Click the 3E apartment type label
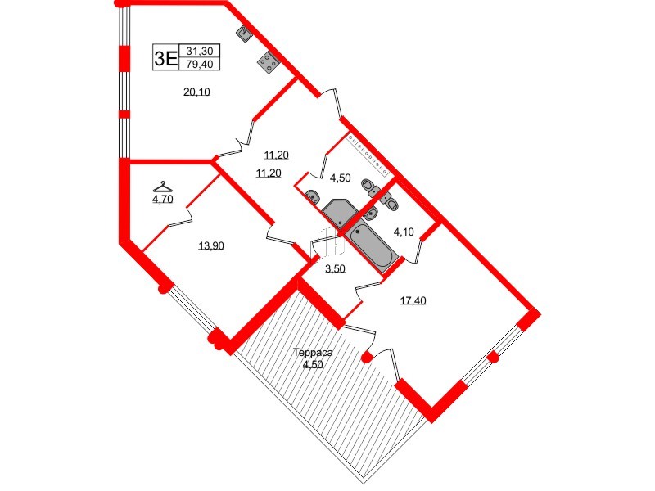pos(166,57)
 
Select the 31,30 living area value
pos(200,51)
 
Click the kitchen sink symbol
pos(244,34)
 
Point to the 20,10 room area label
pos(196,92)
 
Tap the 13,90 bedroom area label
pos(212,245)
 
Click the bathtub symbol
pos(373,245)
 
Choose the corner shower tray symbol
pos(338,214)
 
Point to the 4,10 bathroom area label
pos(404,232)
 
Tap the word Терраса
pos(313,353)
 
